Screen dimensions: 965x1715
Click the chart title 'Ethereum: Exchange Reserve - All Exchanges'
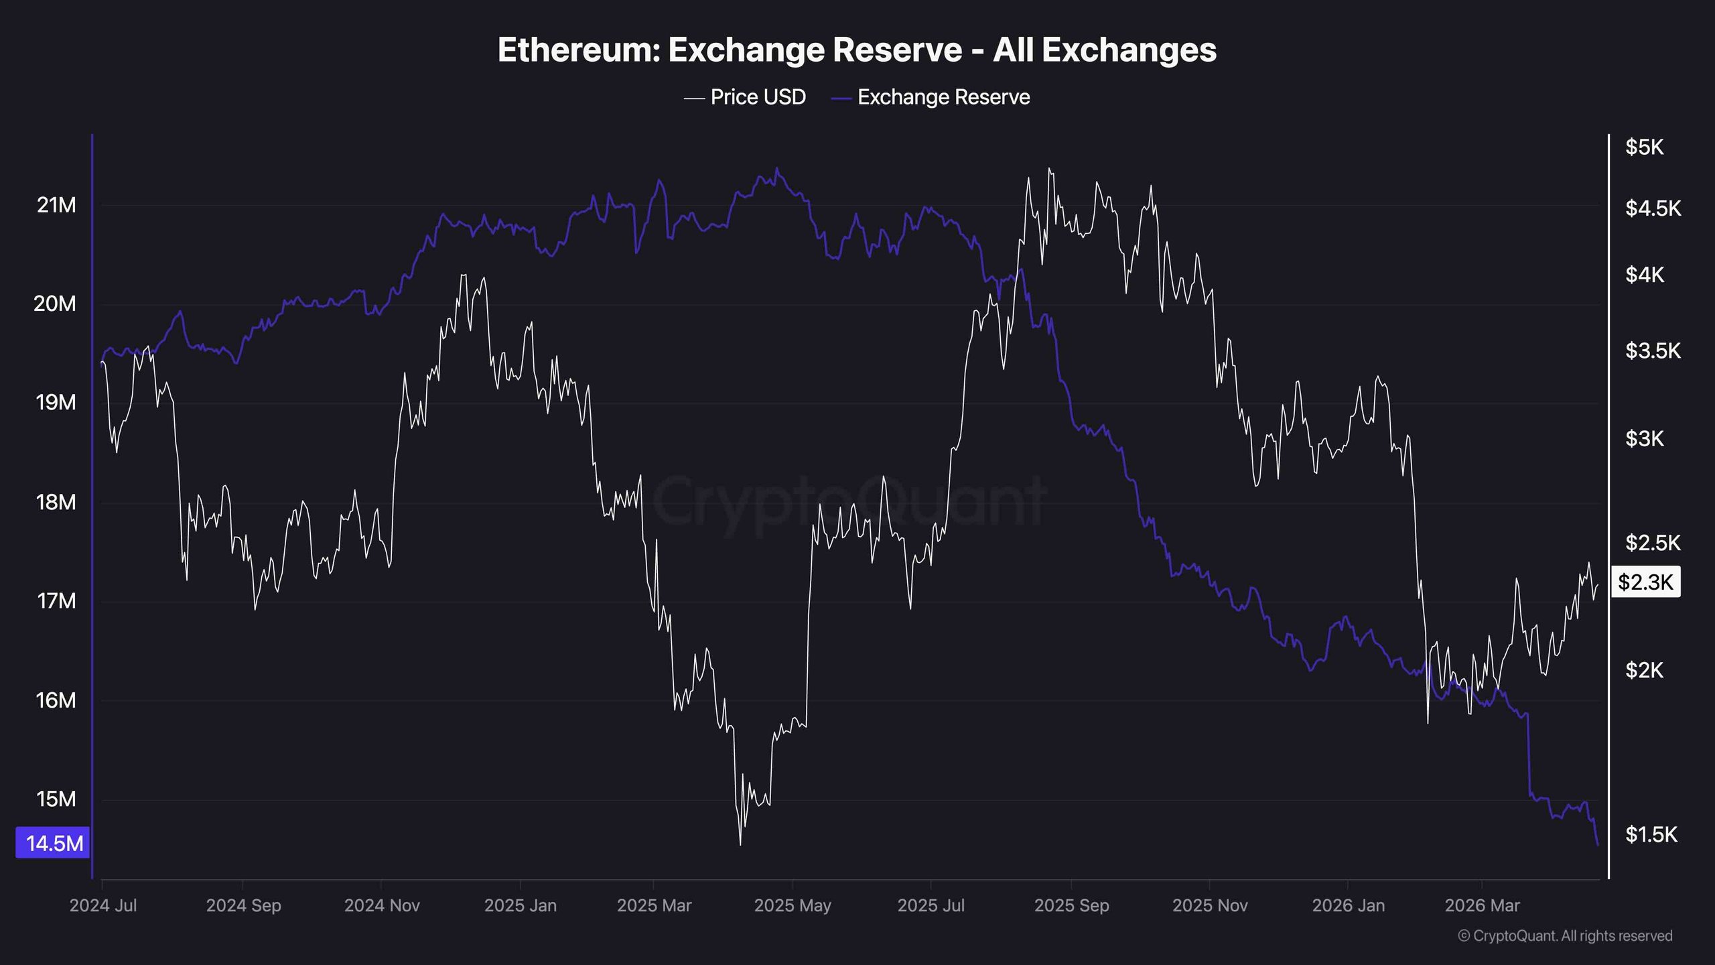tap(857, 50)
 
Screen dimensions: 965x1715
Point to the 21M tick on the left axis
tap(56, 205)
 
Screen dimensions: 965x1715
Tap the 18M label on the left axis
tap(56, 502)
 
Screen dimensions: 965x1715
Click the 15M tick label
tap(56, 799)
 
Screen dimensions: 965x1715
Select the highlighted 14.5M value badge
tap(54, 843)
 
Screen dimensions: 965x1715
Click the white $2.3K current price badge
tap(1645, 582)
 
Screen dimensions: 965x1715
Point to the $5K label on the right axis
tap(1644, 147)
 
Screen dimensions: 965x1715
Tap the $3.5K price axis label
tap(1652, 350)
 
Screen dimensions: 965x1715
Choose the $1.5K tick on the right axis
tap(1651, 834)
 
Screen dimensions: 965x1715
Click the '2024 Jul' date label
tap(103, 905)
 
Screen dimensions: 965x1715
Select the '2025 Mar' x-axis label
tap(654, 905)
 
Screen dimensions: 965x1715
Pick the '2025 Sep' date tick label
tap(1071, 905)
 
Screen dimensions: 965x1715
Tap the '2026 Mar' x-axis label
tap(1482, 905)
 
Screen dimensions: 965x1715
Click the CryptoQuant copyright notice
tap(1565, 936)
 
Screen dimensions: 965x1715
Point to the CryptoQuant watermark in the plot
tap(849, 501)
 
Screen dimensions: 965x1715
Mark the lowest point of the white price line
tap(740, 844)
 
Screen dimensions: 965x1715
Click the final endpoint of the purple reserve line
tap(1598, 845)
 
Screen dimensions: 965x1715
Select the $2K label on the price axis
tap(1644, 669)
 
